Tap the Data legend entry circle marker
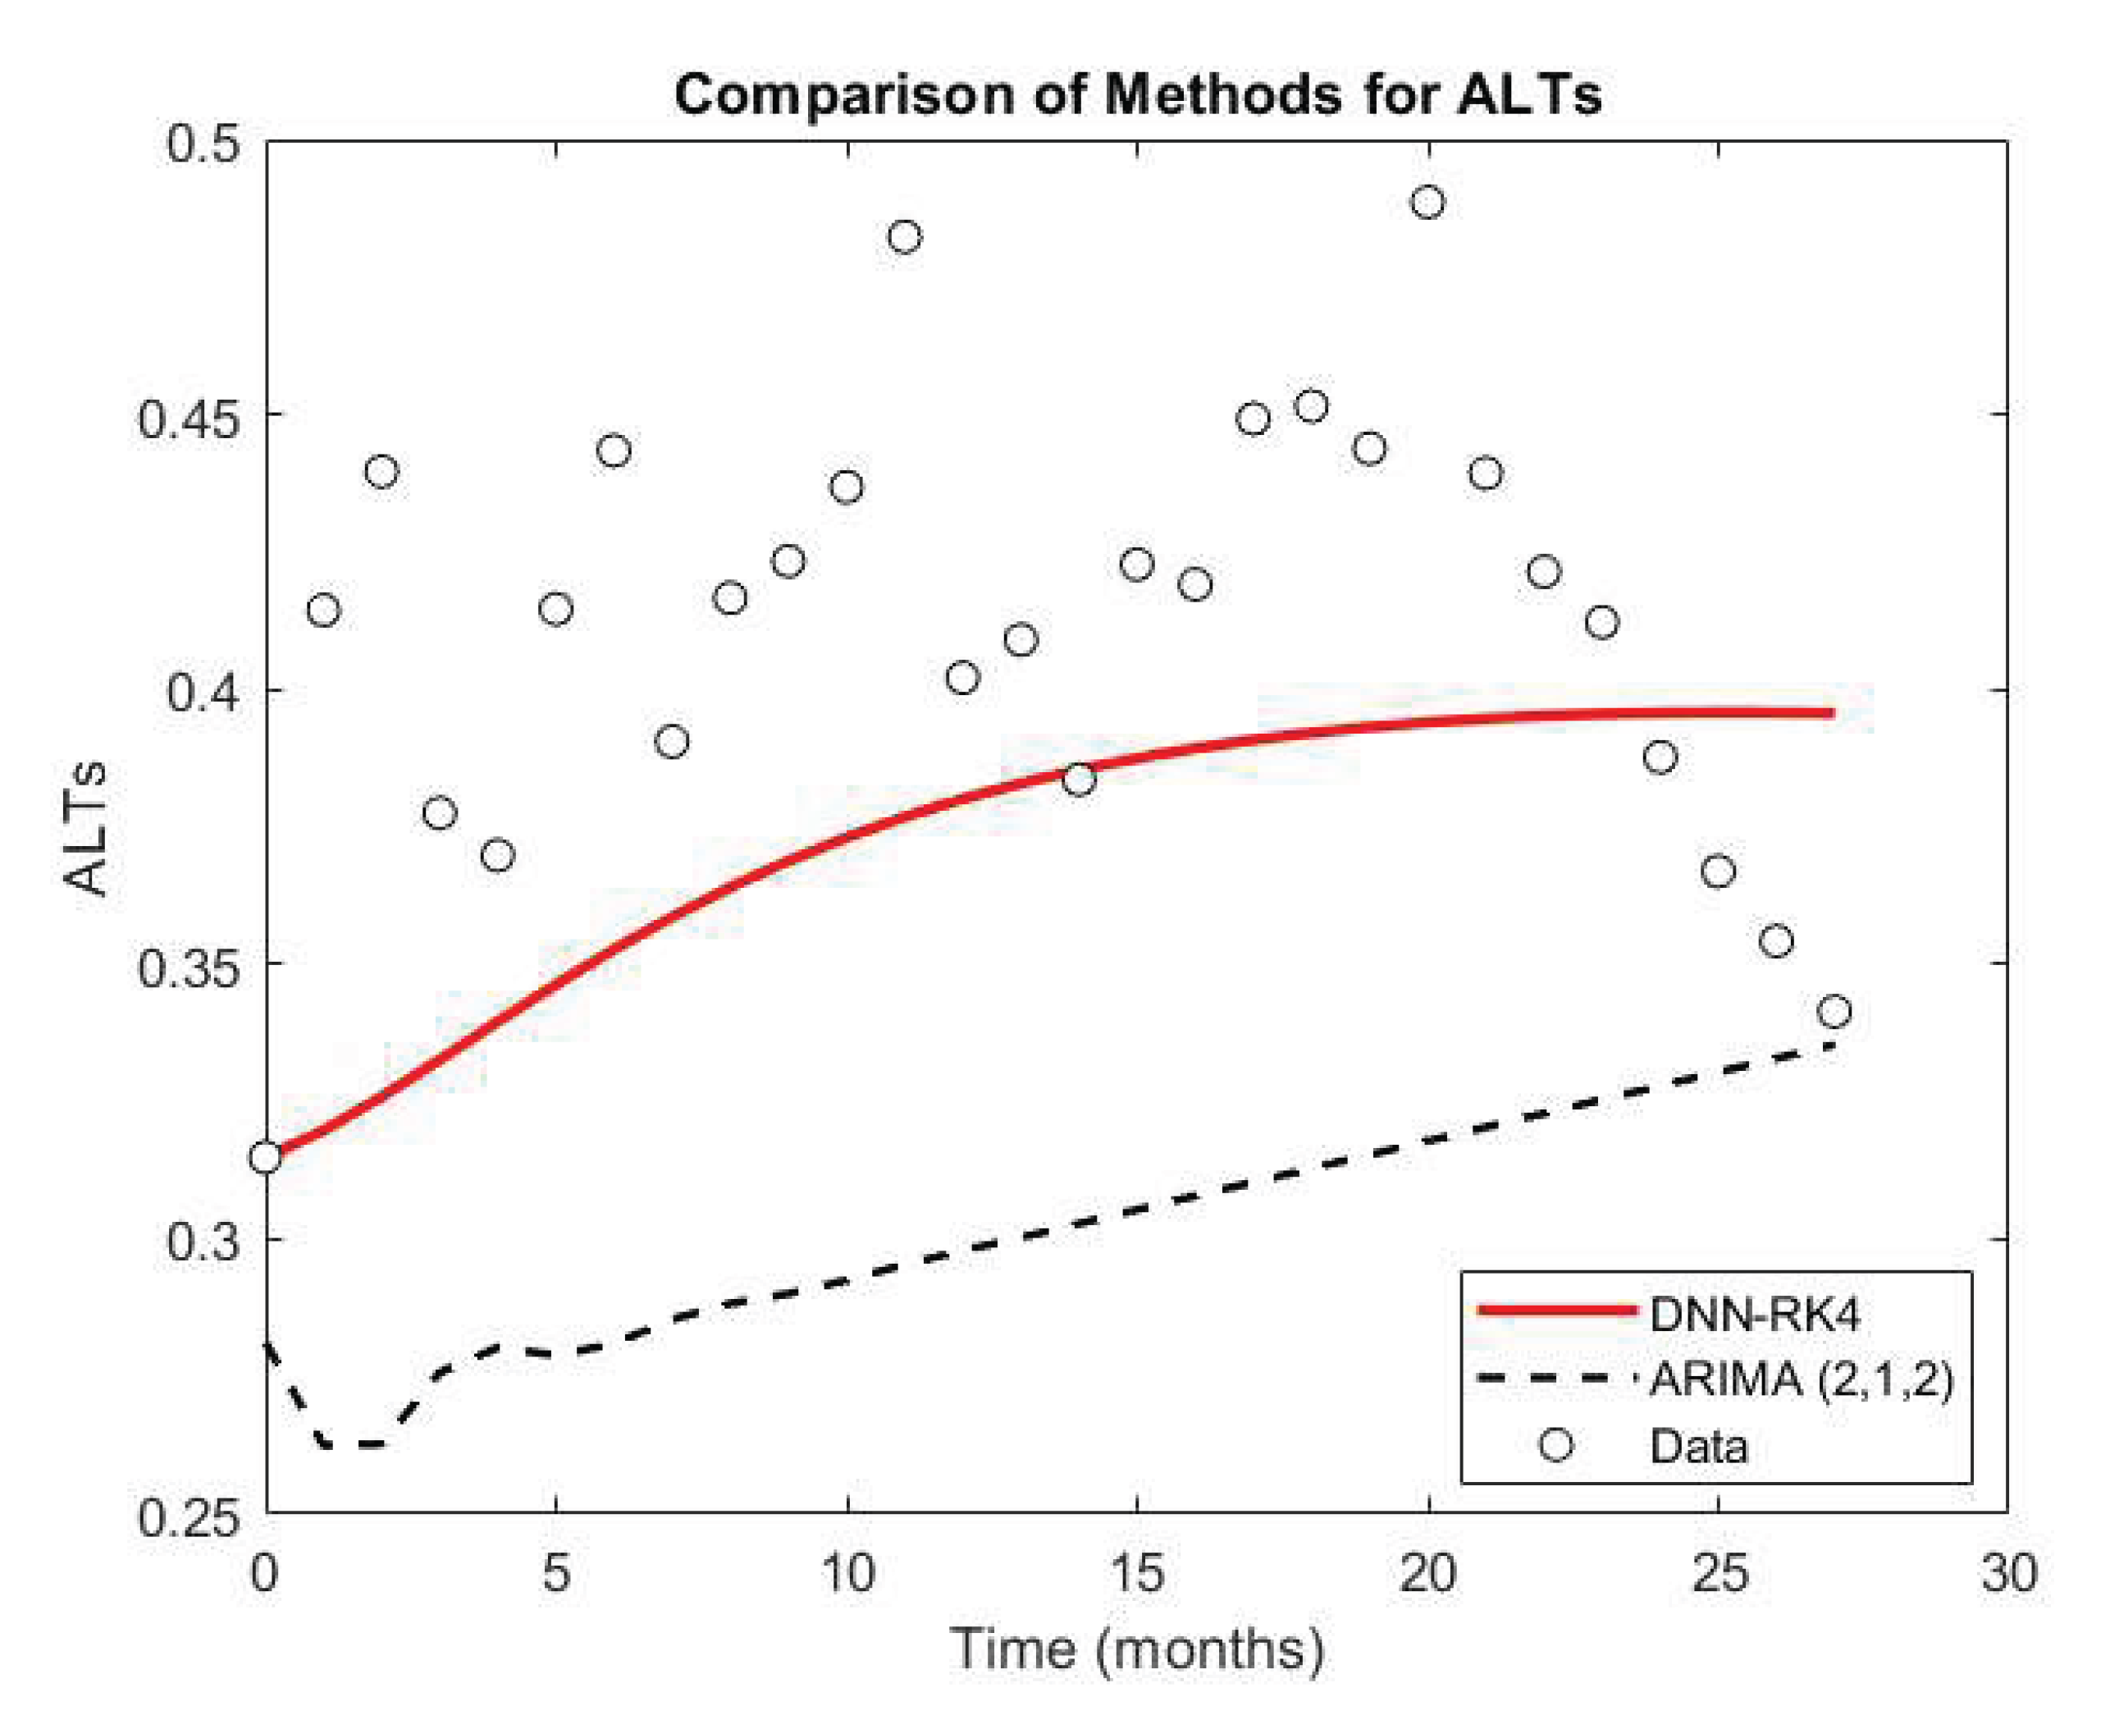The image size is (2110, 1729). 1555,1444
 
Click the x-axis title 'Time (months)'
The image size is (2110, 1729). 1137,1649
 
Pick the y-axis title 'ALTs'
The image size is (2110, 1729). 84,826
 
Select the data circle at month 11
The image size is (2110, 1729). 904,237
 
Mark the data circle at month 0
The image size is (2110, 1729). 266,1157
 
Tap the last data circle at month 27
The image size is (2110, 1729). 1834,1012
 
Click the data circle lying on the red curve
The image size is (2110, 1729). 1079,779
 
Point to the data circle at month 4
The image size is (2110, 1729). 498,856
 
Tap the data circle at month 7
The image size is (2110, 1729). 672,741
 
